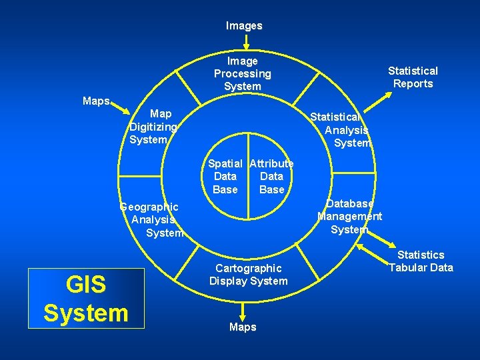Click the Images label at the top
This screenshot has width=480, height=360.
tap(244, 26)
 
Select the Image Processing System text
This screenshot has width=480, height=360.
tap(242, 74)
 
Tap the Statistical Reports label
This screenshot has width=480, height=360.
tap(413, 77)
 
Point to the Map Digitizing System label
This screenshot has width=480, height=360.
tap(154, 127)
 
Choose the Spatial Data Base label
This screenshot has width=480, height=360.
tap(225, 177)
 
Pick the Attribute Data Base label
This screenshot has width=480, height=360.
tap(271, 177)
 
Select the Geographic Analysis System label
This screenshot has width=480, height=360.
tap(152, 219)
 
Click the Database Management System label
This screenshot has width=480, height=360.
tap(349, 216)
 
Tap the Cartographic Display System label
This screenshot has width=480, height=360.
tap(248, 274)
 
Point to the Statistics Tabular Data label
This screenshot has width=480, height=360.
tap(421, 261)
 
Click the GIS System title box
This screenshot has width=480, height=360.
tap(86, 299)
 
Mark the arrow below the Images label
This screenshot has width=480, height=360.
tap(246, 43)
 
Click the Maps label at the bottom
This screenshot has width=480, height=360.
tap(243, 327)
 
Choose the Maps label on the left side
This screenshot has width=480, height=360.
tap(97, 101)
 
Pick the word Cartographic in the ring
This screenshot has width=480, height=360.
tap(248, 268)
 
